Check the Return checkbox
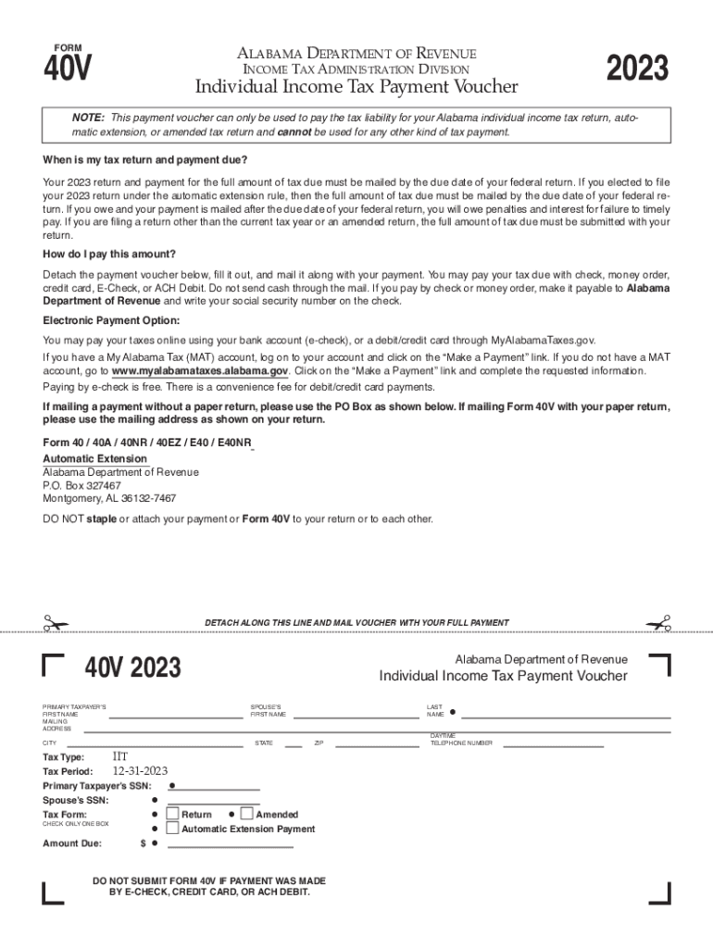pyautogui.click(x=172, y=814)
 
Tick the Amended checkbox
pyautogui.click(x=246, y=814)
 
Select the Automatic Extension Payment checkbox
pyautogui.click(x=172, y=829)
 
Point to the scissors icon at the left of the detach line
pyautogui.click(x=56, y=623)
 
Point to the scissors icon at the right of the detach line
pyautogui.click(x=658, y=623)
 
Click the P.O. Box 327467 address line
pyautogui.click(x=81, y=485)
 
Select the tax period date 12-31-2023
pyautogui.click(x=140, y=770)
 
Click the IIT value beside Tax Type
pyautogui.click(x=120, y=756)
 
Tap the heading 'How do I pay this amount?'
pyautogui.click(x=109, y=254)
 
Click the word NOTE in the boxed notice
pyautogui.click(x=88, y=118)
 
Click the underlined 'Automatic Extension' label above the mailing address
pyautogui.click(x=94, y=459)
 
